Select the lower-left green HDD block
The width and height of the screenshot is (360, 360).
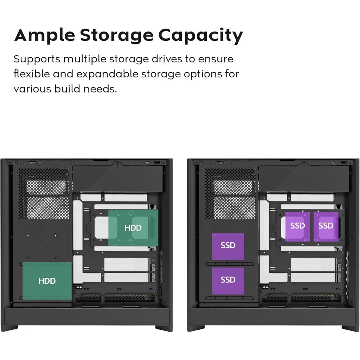[x=47, y=281]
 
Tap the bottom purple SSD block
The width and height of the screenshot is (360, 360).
[x=228, y=280]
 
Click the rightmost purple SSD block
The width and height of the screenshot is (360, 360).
[x=326, y=226]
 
